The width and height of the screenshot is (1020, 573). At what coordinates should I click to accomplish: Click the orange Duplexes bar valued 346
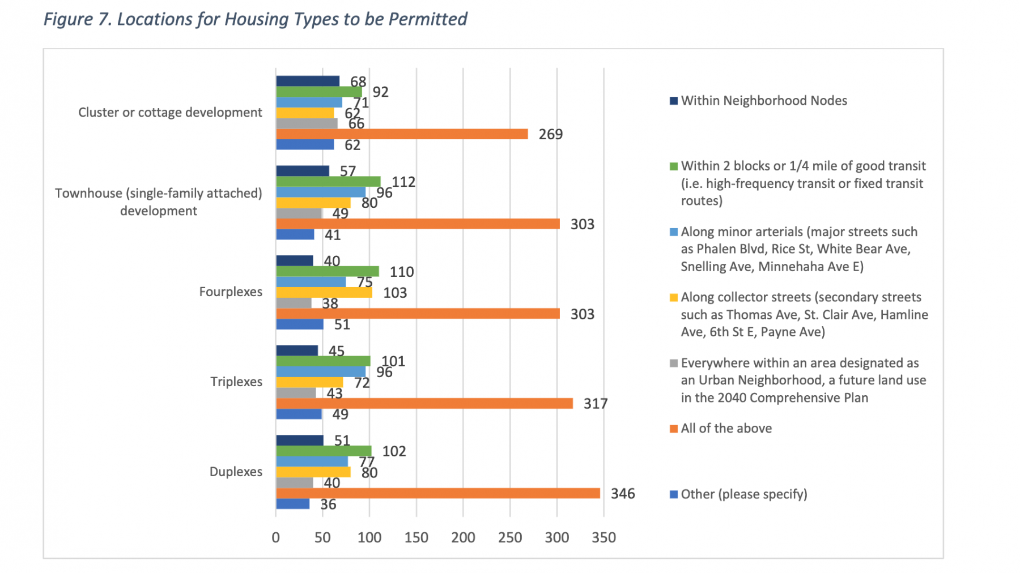(437, 493)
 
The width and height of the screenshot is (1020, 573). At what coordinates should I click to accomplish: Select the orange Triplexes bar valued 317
(424, 403)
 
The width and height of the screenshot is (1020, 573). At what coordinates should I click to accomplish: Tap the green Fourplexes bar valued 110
(328, 271)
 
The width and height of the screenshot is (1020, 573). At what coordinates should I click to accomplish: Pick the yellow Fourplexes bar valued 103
(324, 293)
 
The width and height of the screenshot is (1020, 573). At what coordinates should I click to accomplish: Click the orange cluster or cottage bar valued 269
(402, 134)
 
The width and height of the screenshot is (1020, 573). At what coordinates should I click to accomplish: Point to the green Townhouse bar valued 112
(328, 181)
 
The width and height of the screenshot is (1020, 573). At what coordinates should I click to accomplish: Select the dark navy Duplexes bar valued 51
(300, 441)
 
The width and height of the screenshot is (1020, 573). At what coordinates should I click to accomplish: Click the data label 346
(623, 494)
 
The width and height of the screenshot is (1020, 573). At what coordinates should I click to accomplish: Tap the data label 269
(550, 135)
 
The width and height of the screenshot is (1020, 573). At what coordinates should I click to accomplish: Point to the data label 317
(595, 404)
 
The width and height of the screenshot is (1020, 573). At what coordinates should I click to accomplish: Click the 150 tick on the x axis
(416, 537)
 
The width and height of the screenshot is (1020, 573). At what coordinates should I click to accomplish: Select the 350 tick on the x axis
(603, 537)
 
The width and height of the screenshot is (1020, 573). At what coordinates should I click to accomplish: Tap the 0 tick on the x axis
(276, 537)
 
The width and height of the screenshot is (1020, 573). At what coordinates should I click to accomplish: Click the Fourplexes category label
(231, 292)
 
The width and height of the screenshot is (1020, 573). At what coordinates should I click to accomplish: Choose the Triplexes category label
(236, 382)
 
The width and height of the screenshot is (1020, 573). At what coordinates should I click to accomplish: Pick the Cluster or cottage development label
(170, 112)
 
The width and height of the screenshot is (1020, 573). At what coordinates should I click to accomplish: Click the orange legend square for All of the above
(674, 429)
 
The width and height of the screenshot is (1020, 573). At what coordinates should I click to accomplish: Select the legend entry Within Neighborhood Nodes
(763, 101)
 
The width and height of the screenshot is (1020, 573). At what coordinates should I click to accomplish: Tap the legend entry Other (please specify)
(743, 494)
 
